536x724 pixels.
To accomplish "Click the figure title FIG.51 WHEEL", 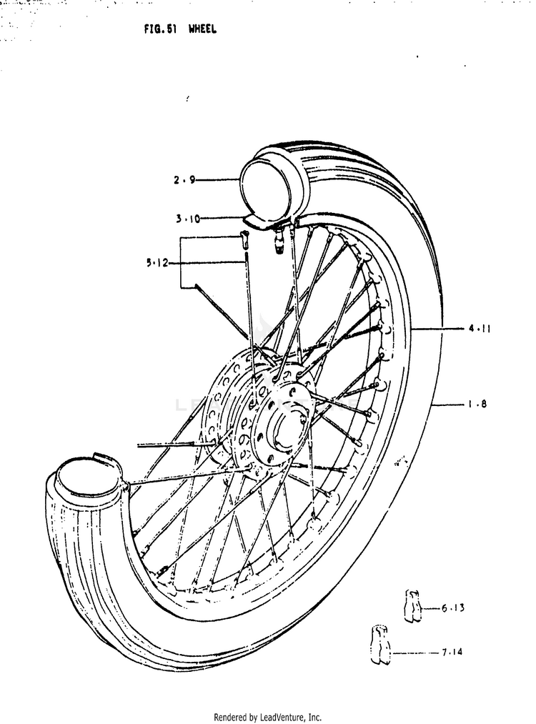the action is (180, 29).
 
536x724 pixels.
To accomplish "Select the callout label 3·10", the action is (188, 219).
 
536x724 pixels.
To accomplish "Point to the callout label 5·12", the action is (157, 264).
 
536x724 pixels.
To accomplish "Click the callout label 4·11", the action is (480, 329).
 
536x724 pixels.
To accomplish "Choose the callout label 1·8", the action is (477, 404).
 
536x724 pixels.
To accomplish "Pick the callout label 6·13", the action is (452, 608).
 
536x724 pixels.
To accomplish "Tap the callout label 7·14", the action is (452, 652).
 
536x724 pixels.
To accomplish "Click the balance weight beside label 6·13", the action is (412, 605).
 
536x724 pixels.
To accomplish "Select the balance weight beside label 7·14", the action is (380, 645).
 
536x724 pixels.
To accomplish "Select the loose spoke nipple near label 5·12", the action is (244, 239).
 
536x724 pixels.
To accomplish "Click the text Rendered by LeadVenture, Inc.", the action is (267, 717).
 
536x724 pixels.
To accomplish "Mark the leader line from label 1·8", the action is (448, 405).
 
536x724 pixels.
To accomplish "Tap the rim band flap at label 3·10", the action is (257, 222).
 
